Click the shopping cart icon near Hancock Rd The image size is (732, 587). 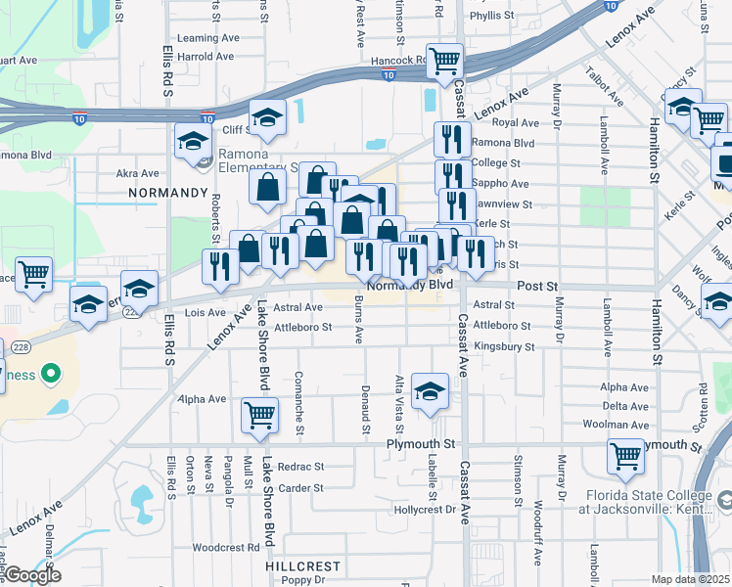(445, 61)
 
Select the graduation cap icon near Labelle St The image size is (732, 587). (429, 393)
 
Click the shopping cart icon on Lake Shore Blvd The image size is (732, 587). (259, 415)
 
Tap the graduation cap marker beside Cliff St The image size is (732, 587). (266, 118)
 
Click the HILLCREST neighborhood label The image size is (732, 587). (302, 566)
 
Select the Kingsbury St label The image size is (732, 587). (503, 346)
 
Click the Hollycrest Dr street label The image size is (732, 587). (425, 510)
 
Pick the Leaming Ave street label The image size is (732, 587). (210, 38)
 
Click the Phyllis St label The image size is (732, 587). (491, 16)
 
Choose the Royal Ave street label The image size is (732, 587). (516, 123)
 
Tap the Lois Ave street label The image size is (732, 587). (206, 313)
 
